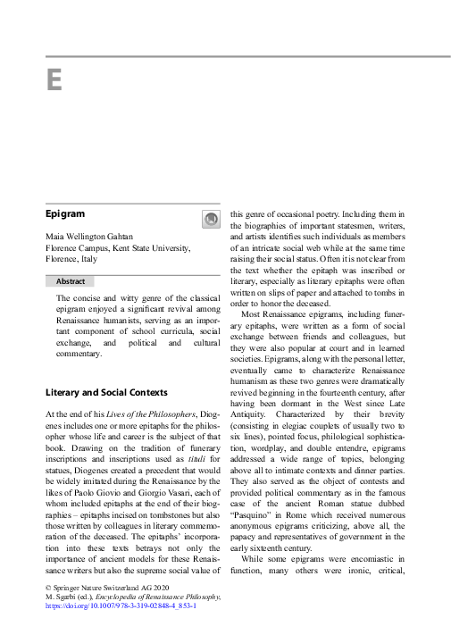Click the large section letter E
(x=54, y=80)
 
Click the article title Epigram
(x=65, y=215)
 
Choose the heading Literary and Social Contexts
(x=105, y=392)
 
